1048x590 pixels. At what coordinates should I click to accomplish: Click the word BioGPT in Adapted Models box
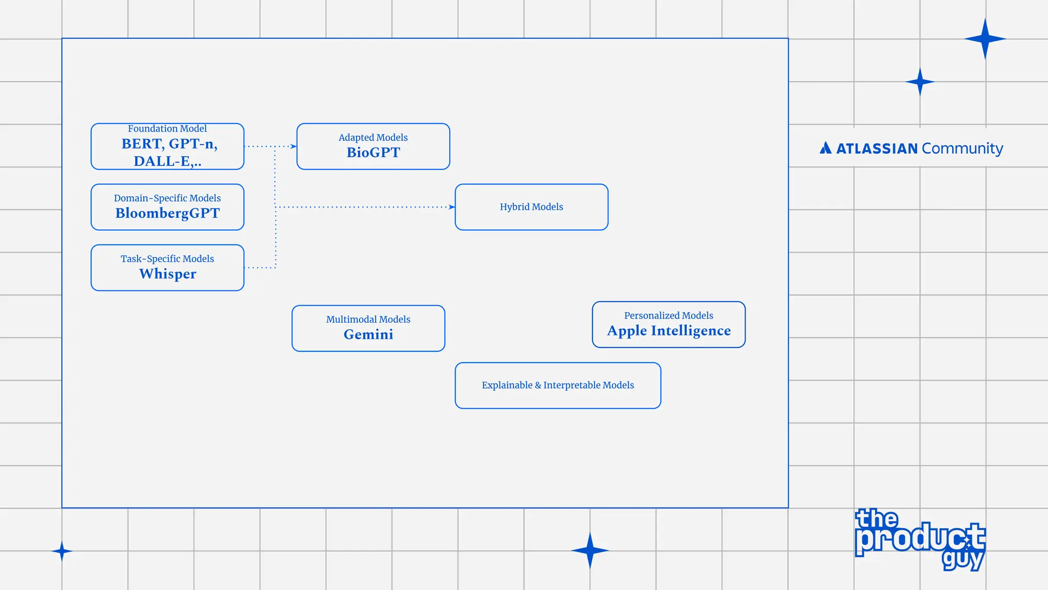point(373,153)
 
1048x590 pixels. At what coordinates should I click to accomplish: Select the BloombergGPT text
point(167,213)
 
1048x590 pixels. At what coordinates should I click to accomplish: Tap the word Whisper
point(167,274)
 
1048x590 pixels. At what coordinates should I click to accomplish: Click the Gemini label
point(368,334)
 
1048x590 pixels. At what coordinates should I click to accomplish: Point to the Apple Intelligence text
point(669,331)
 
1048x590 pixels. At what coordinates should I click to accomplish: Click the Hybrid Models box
point(531,207)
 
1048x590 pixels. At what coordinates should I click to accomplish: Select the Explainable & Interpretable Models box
point(558,385)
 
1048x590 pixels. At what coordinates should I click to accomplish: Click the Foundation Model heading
point(167,129)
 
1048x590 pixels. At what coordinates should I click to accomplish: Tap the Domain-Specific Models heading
point(167,198)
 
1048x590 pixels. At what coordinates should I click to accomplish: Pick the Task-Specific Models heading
point(167,259)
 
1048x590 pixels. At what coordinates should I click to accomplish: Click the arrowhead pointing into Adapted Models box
point(294,146)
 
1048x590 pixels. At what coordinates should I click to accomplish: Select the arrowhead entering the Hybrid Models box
point(452,207)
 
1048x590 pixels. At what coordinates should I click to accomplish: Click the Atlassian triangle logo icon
point(825,149)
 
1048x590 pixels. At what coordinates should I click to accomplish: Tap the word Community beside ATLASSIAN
point(962,149)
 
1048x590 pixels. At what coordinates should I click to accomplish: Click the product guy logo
point(920,539)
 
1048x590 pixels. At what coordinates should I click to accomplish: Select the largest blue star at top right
point(985,39)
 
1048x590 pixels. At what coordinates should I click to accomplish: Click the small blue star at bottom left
point(62,551)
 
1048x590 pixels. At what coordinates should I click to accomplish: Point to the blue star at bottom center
point(589,551)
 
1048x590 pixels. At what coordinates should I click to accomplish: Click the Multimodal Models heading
point(368,320)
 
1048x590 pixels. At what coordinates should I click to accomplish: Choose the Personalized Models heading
point(668,315)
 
